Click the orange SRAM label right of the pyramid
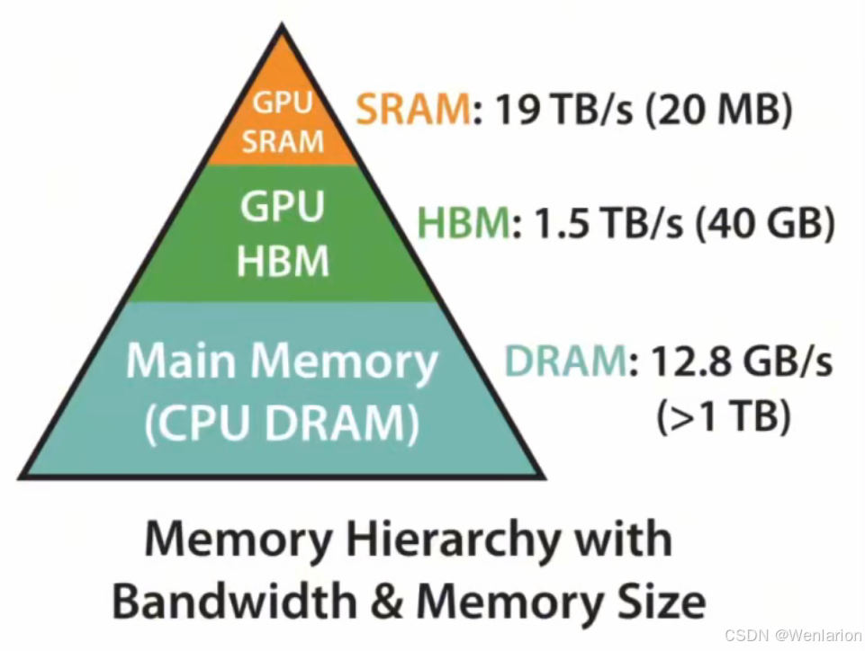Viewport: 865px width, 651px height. [412, 111]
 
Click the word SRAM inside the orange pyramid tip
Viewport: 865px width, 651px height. [282, 140]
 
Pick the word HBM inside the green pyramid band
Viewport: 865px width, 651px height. [283, 261]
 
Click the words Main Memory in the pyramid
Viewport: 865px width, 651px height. [282, 361]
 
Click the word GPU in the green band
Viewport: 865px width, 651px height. [283, 207]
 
